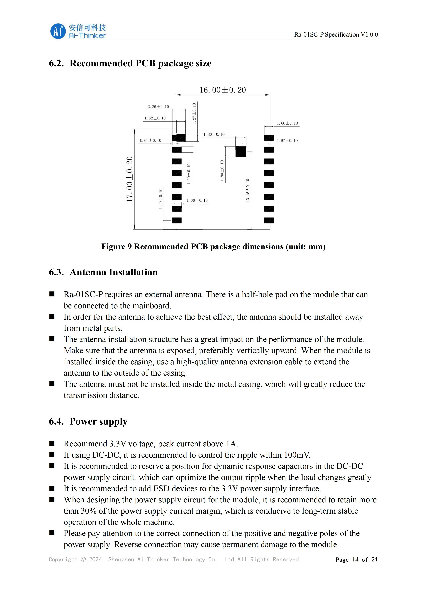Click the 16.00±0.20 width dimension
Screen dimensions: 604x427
(223, 90)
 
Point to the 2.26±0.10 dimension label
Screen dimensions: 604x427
(158, 107)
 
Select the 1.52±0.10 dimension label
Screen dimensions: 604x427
(155, 118)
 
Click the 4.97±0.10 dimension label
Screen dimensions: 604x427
(287, 140)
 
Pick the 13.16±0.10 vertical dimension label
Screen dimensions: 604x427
(248, 190)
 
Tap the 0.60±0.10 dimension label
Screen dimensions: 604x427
(150, 140)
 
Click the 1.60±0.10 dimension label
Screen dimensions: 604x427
(287, 123)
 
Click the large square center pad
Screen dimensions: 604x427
(241, 152)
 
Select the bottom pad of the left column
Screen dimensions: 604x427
(177, 220)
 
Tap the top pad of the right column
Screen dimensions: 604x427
(269, 138)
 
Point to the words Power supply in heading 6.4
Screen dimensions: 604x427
(98, 421)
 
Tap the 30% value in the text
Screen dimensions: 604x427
(89, 511)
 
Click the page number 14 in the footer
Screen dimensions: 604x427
(355, 560)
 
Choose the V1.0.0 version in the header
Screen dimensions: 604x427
(369, 34)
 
